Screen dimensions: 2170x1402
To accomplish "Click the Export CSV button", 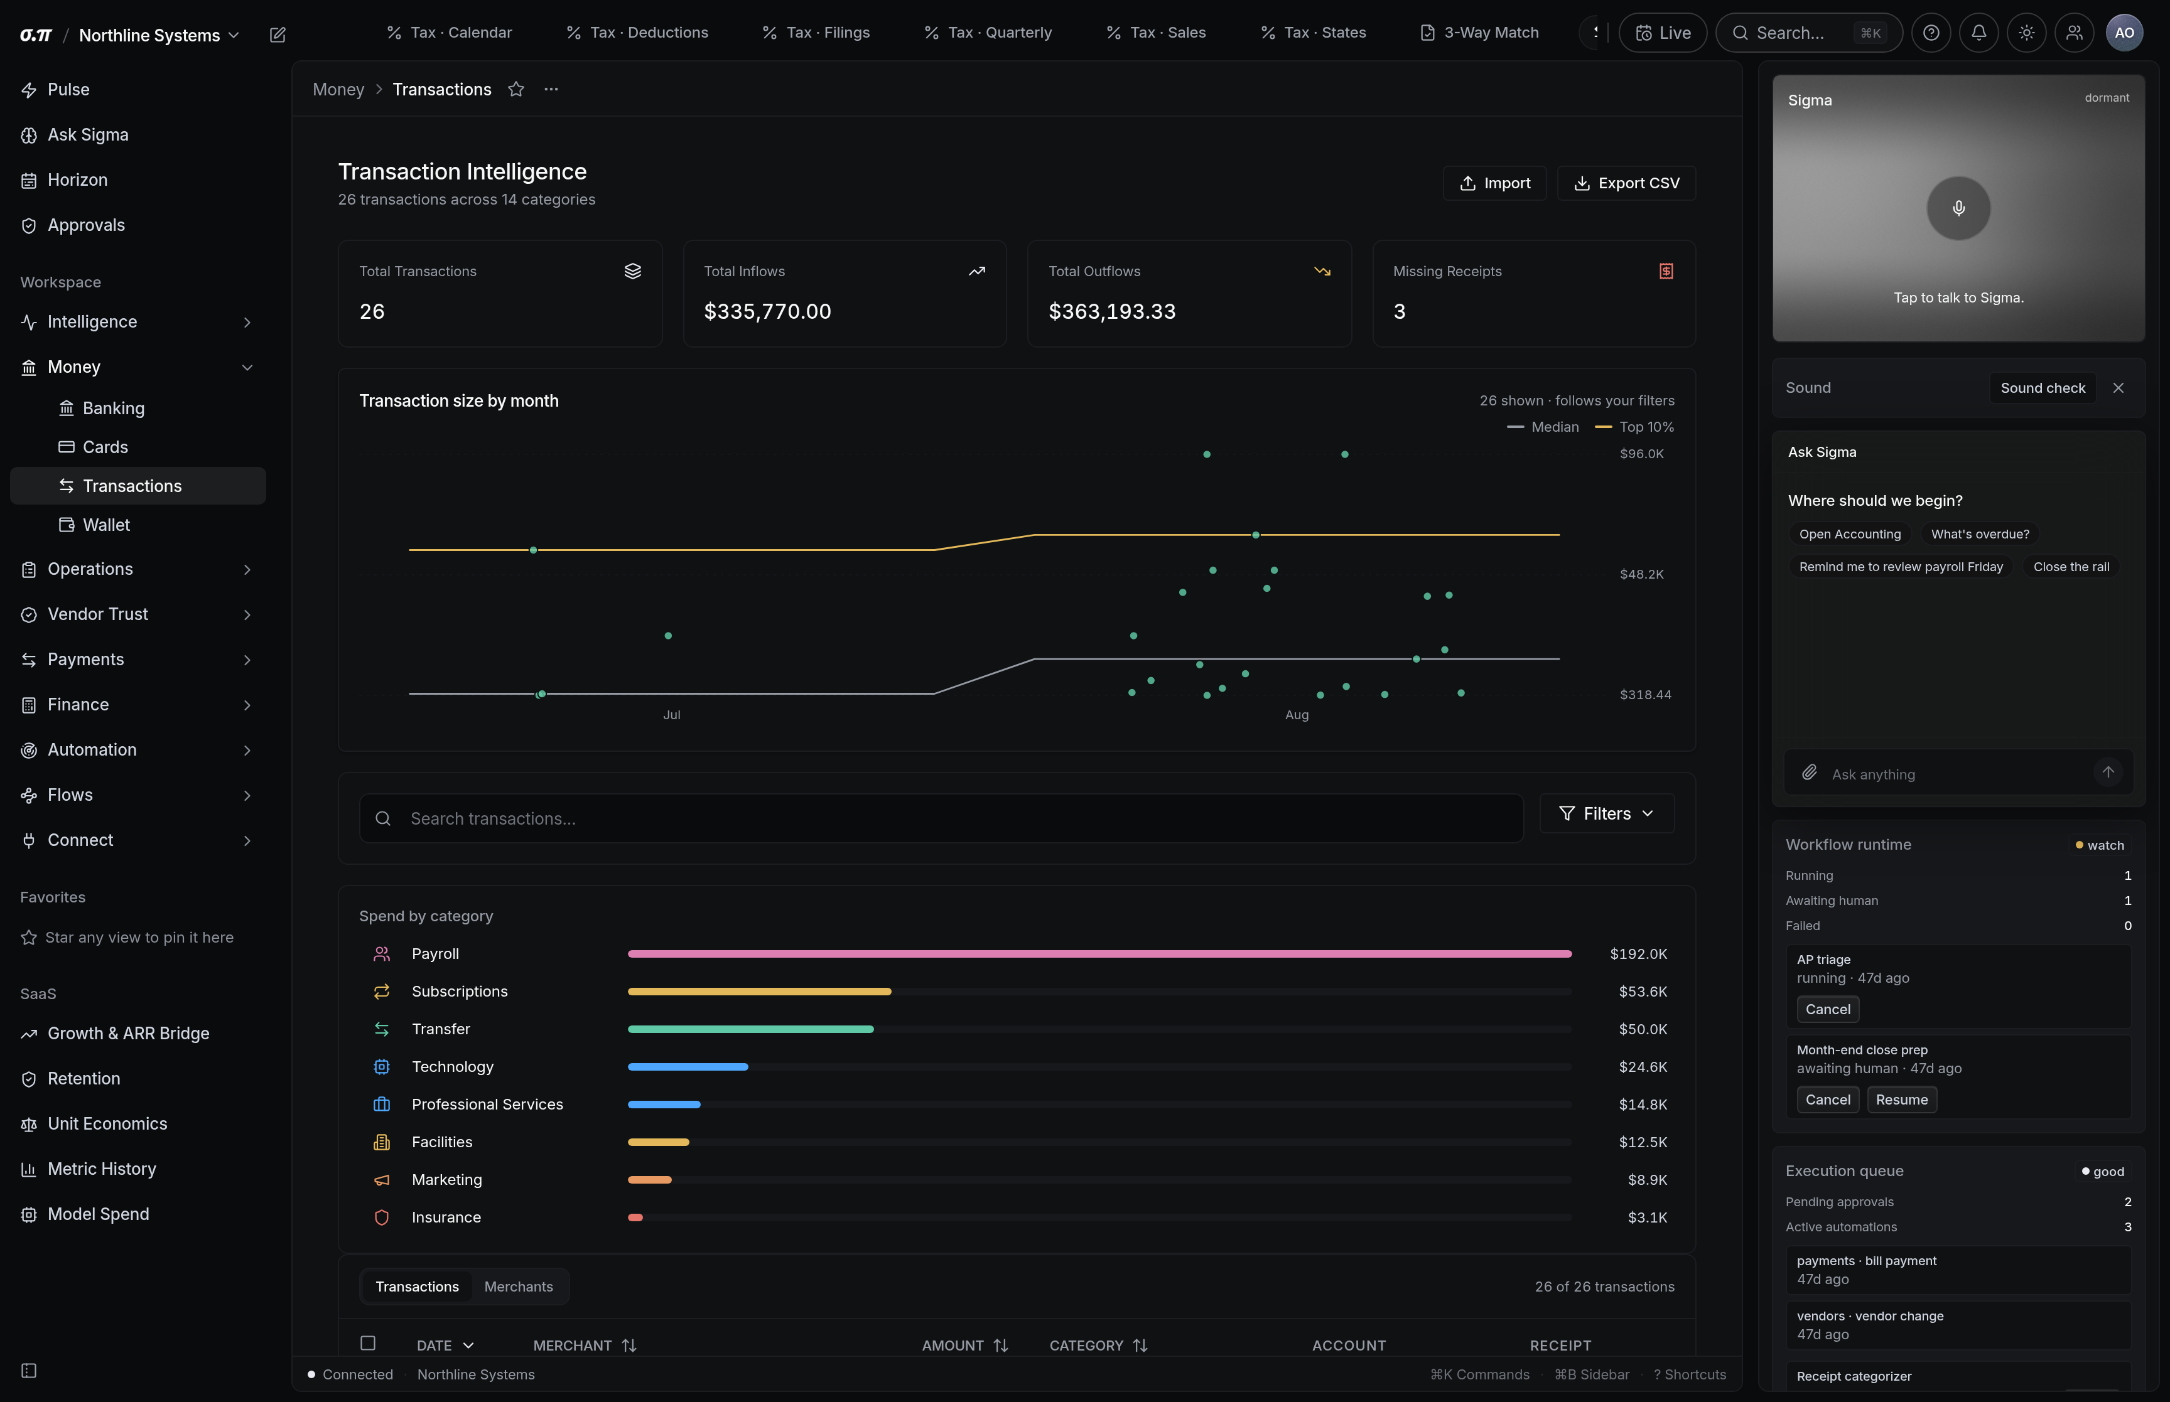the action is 1626,183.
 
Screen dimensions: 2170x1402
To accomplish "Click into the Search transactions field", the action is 942,818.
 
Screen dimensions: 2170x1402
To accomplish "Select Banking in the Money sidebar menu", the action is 113,408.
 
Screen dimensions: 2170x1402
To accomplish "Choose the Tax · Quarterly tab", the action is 988,33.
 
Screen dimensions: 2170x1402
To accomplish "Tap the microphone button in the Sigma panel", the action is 1958,208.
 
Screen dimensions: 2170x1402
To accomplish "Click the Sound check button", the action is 2043,388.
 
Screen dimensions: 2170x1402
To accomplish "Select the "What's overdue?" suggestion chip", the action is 1980,535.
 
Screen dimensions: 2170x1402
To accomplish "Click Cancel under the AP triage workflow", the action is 1828,1009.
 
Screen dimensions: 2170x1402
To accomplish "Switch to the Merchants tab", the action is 518,1287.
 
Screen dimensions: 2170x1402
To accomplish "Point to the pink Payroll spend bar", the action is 1099,954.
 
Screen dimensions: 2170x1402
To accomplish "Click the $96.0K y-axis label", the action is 1641,453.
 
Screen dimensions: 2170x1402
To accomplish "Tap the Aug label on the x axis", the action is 1297,715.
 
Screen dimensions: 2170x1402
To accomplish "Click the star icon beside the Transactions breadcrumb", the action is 516,89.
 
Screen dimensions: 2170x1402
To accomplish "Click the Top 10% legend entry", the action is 1634,427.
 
